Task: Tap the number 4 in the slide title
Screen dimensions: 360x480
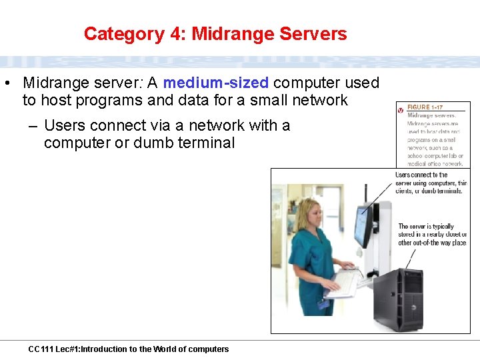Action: click(x=177, y=34)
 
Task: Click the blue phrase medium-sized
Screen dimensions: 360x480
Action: click(x=215, y=83)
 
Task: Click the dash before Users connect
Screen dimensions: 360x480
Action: click(x=32, y=126)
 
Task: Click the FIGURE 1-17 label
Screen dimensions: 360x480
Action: click(x=425, y=108)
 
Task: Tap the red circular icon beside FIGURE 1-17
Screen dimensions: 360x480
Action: click(x=401, y=109)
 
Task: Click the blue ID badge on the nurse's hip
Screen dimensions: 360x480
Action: click(x=324, y=305)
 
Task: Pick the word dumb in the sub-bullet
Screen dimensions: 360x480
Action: click(x=153, y=143)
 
